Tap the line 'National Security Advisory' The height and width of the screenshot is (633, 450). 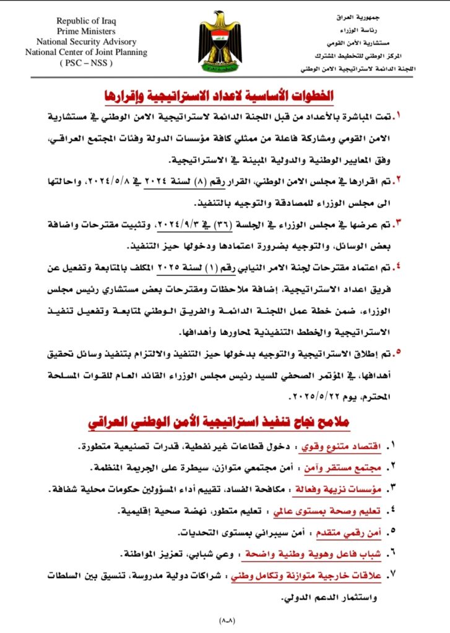click(86, 42)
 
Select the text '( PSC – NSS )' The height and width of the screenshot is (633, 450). click(86, 62)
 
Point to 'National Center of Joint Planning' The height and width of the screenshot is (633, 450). click(86, 53)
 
